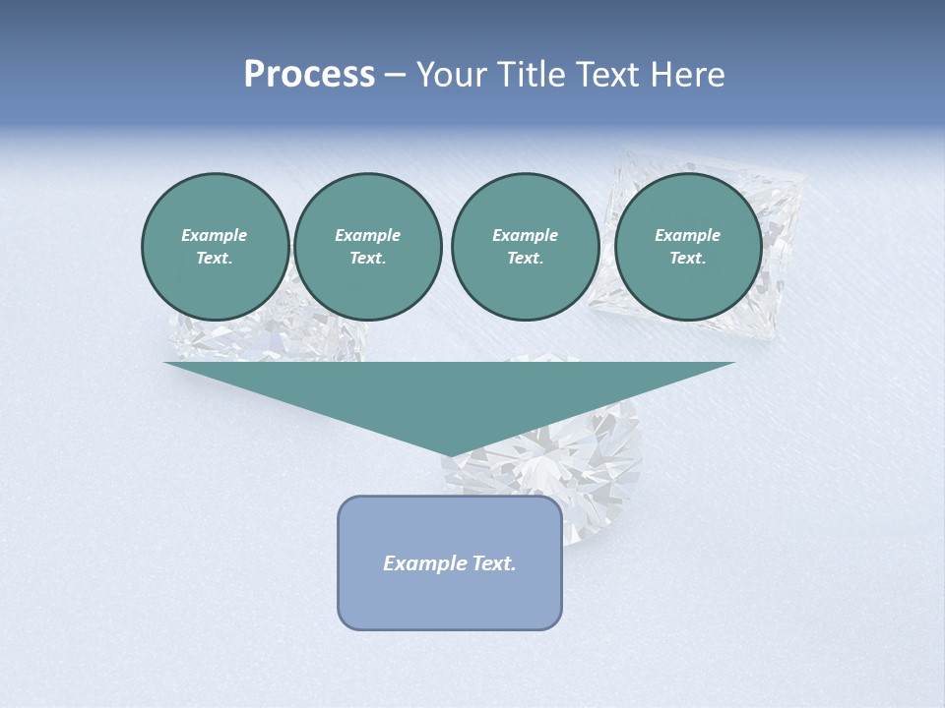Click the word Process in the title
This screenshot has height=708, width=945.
point(309,75)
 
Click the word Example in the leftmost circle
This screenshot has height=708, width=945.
point(215,235)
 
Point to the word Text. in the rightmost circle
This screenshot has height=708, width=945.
point(687,258)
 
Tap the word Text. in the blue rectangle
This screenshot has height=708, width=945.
point(493,563)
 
